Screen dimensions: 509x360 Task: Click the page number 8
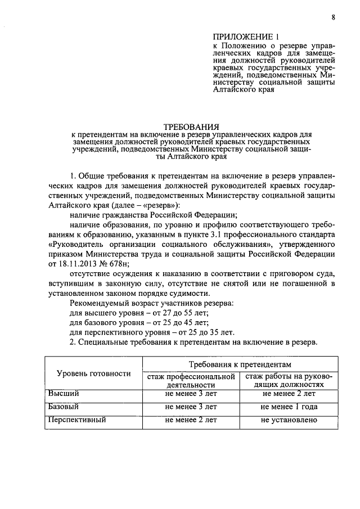click(333, 17)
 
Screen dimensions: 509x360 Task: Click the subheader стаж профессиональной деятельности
click(191, 380)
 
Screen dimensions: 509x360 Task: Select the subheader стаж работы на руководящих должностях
click(289, 380)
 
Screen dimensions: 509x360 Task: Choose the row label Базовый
click(63, 406)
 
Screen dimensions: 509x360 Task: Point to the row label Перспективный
click(77, 420)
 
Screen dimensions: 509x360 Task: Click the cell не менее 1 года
click(289, 407)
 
